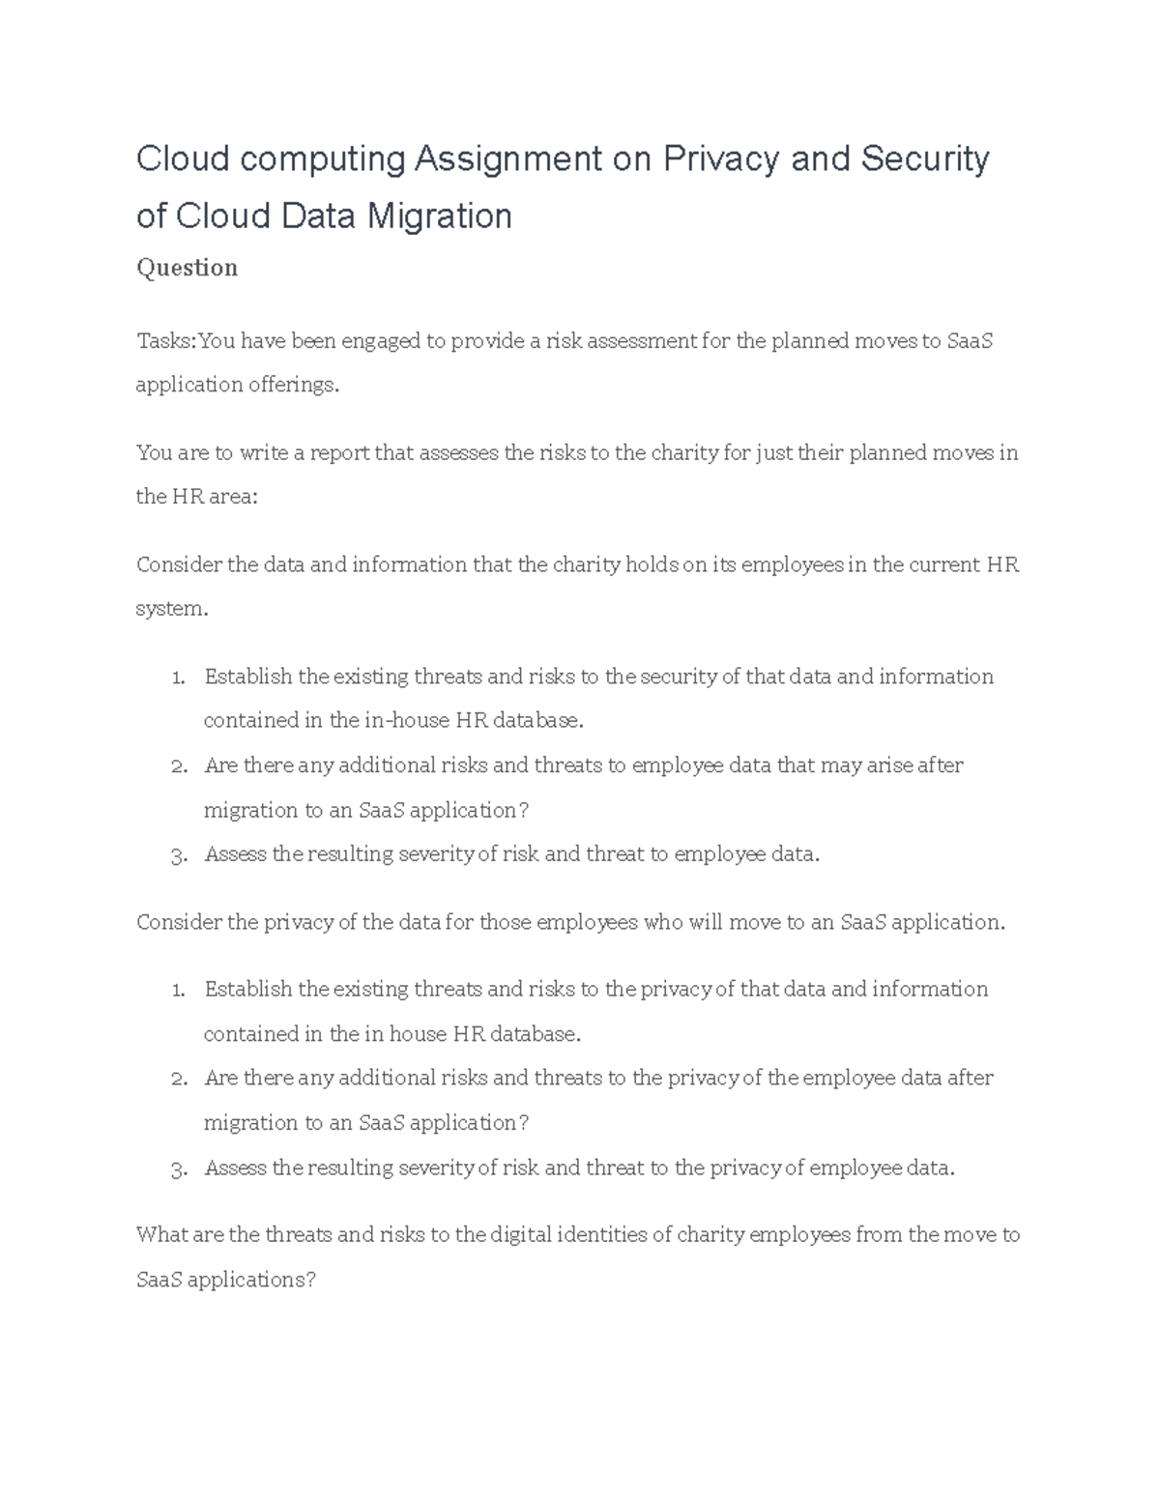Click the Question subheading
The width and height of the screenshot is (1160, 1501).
click(x=187, y=268)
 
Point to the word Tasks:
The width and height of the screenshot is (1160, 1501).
click(x=166, y=341)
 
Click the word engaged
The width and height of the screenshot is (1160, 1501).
click(x=381, y=341)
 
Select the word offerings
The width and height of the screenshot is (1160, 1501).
click(x=294, y=386)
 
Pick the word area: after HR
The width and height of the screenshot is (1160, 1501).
click(x=228, y=498)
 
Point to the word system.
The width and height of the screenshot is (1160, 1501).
click(x=172, y=609)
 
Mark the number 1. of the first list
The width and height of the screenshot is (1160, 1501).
click(x=177, y=678)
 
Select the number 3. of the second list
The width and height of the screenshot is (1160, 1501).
click(x=177, y=1169)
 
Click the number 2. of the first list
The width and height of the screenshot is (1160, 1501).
click(x=177, y=766)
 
